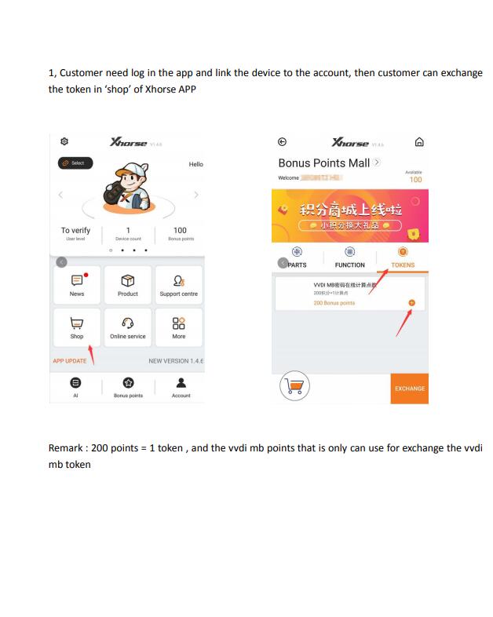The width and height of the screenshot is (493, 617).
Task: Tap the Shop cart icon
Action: point(76,322)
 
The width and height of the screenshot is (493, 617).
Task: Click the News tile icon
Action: point(77,279)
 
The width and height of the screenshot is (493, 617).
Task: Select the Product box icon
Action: point(128,279)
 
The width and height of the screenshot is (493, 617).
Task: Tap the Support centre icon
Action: point(179,279)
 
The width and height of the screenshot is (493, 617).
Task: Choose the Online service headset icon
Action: point(128,322)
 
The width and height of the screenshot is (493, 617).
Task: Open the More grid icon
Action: point(179,322)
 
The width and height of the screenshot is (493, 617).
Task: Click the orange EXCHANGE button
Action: point(409,389)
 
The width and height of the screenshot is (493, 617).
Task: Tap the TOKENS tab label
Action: point(403,265)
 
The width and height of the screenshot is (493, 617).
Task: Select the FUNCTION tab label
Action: point(349,265)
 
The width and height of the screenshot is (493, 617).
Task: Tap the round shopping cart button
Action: point(295,385)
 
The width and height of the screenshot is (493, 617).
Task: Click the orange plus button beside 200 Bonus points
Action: point(411,303)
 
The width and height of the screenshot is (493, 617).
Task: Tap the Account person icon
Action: point(181,383)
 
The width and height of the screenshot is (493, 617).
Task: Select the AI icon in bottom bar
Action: point(75,383)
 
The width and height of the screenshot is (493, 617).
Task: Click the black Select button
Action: point(75,163)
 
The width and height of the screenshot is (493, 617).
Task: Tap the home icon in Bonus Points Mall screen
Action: point(418,142)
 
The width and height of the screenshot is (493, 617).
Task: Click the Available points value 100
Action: point(415,180)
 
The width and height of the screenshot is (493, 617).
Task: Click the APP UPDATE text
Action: point(70,361)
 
